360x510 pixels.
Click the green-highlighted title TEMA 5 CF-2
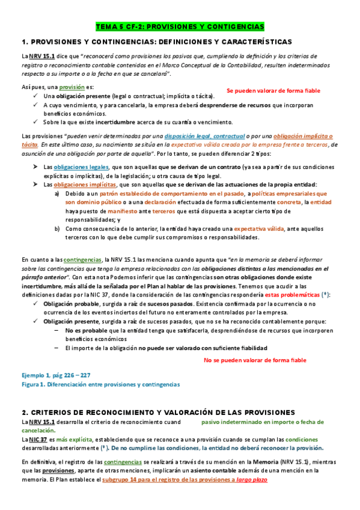click(x=180, y=27)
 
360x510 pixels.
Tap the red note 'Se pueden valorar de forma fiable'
click(x=273, y=91)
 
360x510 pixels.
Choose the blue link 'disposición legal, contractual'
click(x=204, y=137)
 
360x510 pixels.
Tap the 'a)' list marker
click(x=57, y=194)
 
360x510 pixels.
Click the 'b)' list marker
click(x=57, y=229)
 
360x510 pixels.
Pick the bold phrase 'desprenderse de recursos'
click(x=236, y=105)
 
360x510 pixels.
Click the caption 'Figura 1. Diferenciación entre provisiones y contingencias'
click(x=100, y=384)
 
